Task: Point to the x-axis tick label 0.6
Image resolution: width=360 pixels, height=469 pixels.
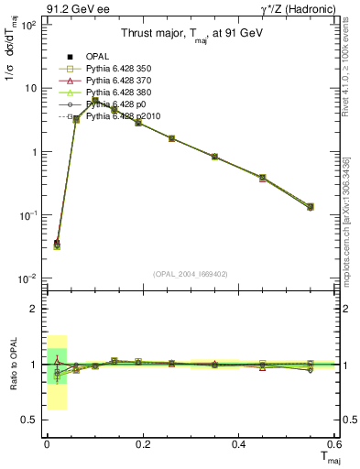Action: click(x=334, y=445)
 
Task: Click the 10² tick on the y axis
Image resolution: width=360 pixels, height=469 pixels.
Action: click(x=28, y=25)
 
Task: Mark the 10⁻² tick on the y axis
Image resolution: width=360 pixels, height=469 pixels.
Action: click(x=28, y=278)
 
